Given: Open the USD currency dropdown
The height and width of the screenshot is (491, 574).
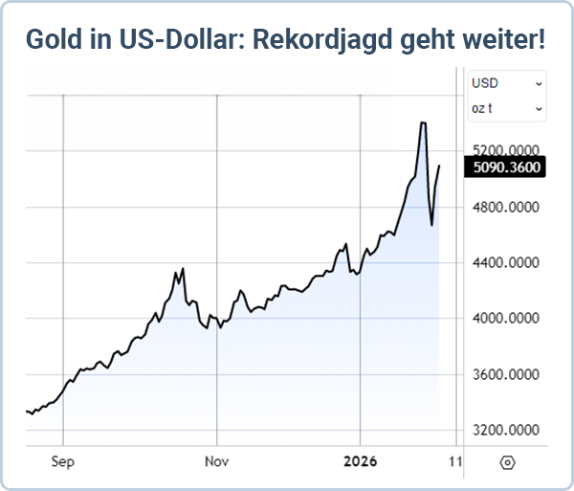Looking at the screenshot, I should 506,83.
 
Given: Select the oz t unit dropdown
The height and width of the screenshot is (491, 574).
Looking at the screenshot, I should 506,108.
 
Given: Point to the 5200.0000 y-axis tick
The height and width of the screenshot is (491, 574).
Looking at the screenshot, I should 506,151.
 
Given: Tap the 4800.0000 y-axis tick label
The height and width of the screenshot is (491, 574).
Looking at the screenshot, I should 506,207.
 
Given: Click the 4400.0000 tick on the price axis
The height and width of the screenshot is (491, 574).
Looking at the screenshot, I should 506,262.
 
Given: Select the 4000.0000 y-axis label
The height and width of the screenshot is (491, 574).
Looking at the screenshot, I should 506,319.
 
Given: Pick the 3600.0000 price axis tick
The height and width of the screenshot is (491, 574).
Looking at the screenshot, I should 506,374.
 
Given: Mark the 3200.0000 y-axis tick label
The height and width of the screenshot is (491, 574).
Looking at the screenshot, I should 506,430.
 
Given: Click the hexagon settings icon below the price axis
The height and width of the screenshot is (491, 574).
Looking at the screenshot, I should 507,462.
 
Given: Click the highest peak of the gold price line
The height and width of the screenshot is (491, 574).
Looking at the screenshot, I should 422,123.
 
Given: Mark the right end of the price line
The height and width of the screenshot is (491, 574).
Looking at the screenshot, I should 439,167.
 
